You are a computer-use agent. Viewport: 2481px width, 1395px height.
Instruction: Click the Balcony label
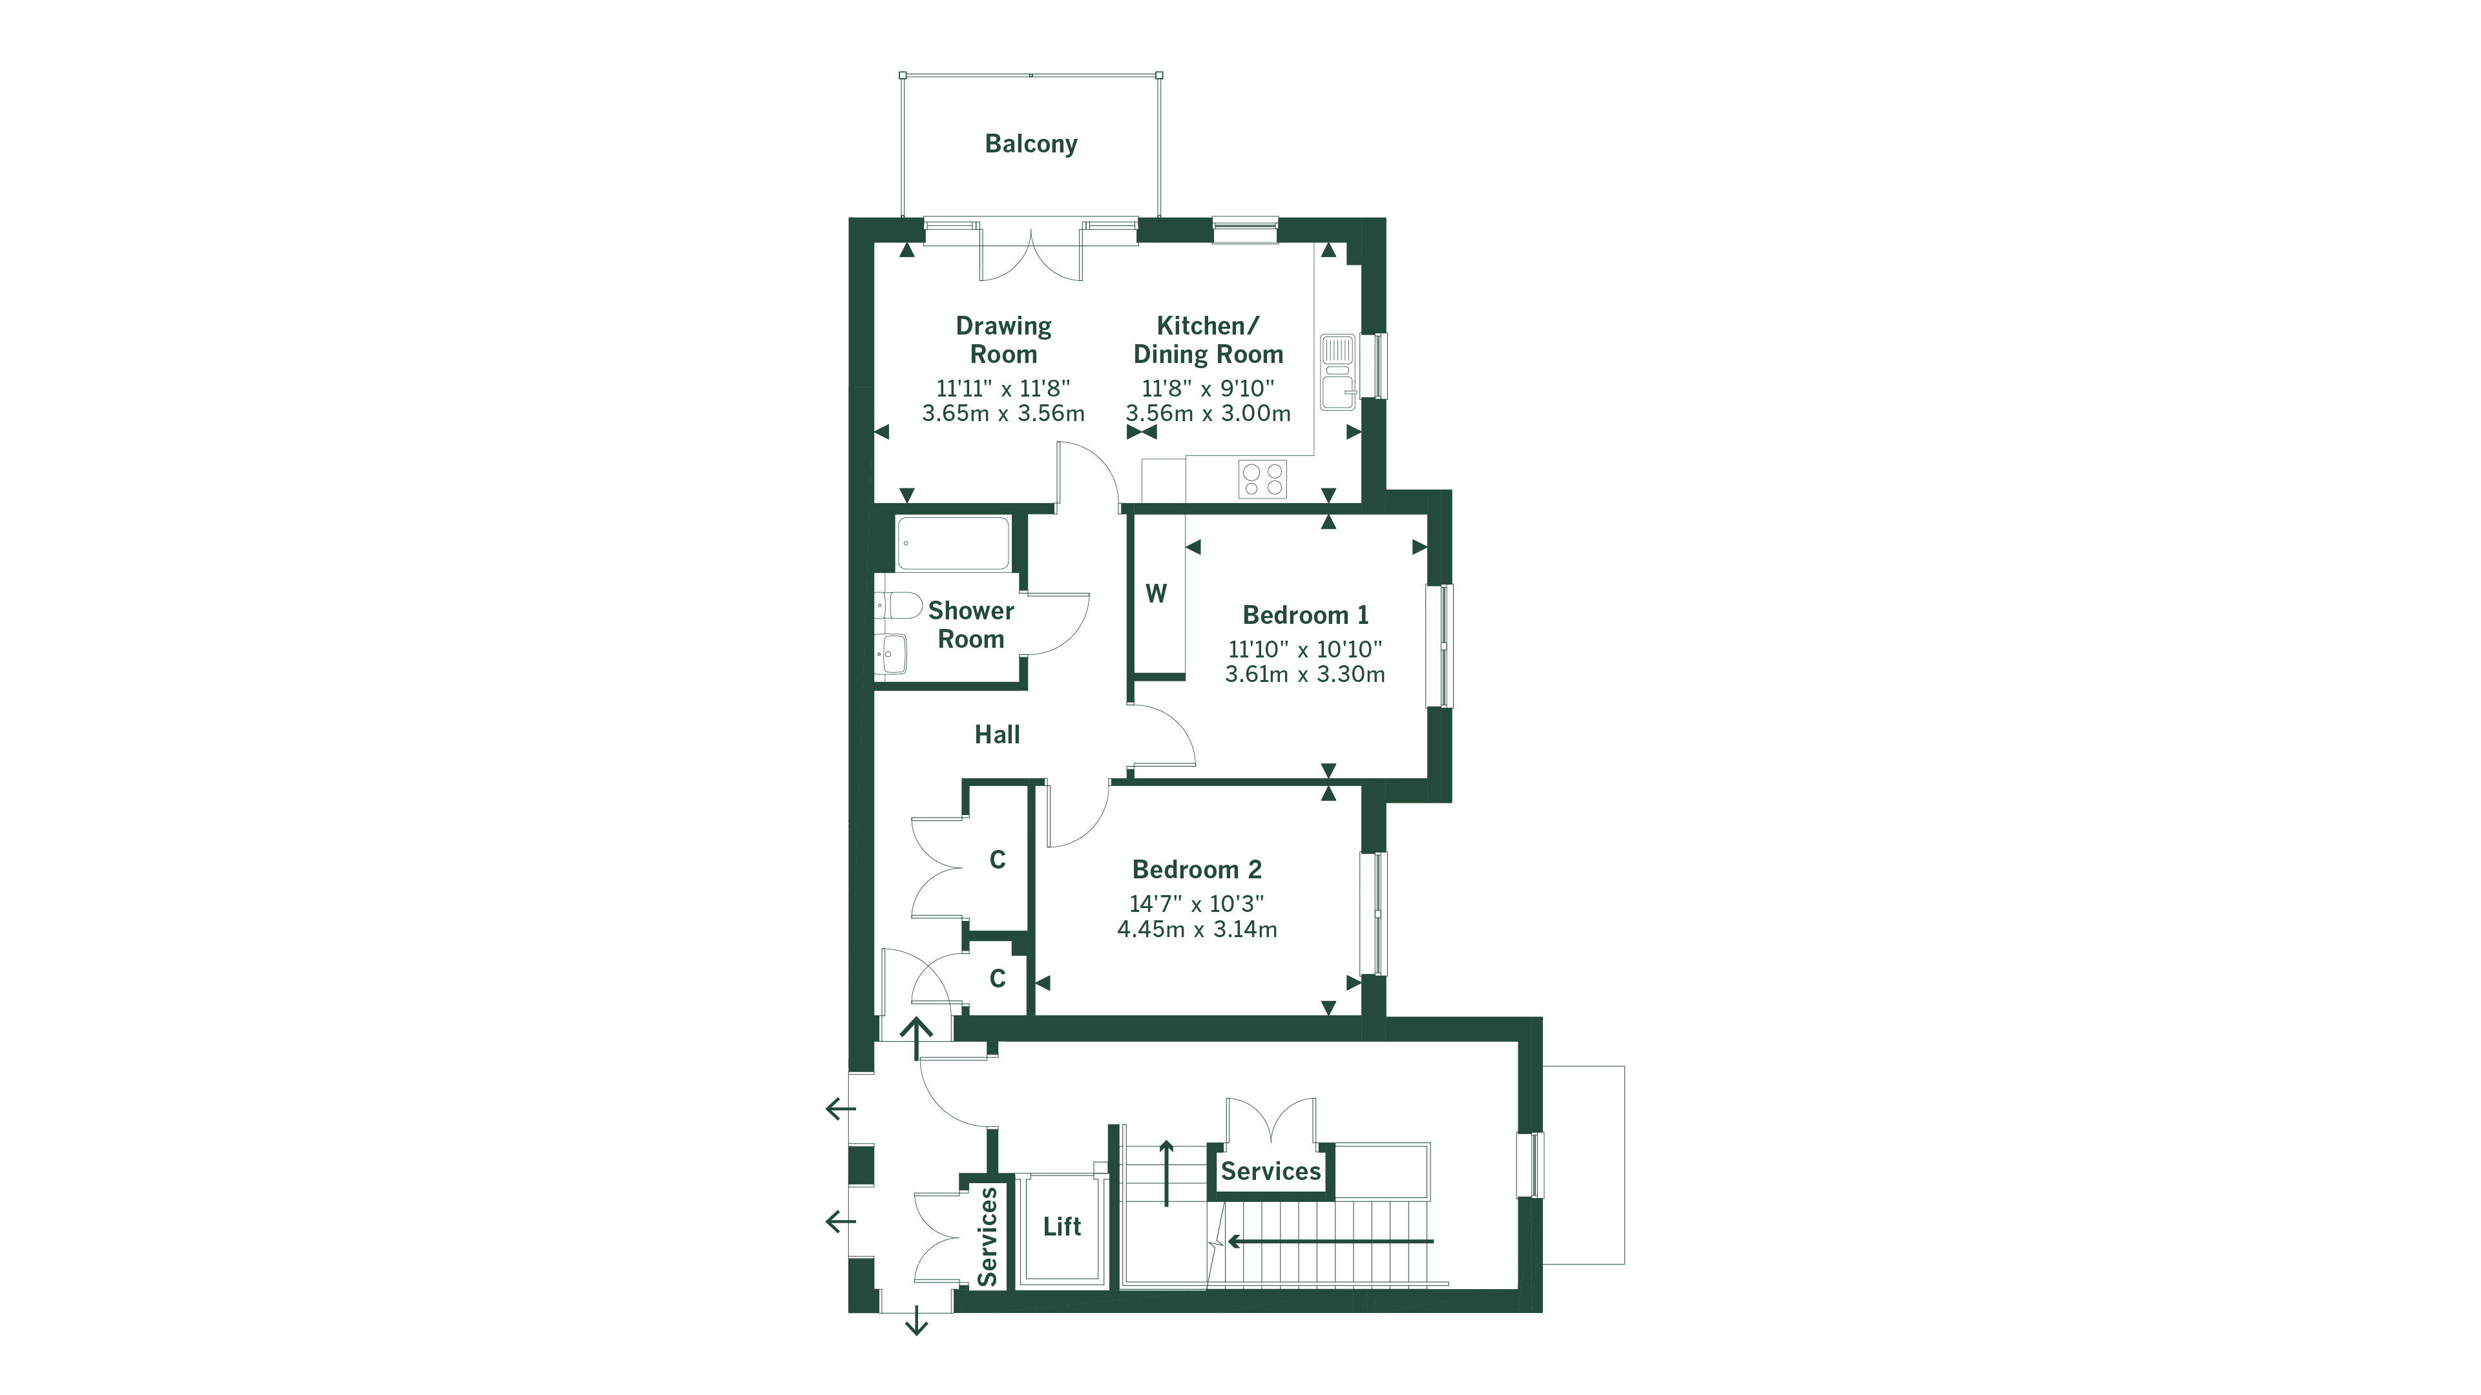pos(1031,143)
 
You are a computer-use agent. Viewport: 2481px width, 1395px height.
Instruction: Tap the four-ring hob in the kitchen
pos(1262,479)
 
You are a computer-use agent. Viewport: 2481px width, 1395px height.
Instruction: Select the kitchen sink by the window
pos(1337,371)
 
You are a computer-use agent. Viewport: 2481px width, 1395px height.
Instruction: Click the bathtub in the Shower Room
pos(952,544)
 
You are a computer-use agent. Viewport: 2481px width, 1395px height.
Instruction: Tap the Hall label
pos(997,734)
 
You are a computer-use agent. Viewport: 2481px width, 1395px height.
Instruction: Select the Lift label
pos(1062,1226)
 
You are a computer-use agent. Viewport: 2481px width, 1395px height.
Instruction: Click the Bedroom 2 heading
pos(1196,869)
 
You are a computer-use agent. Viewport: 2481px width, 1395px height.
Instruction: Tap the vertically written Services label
pos(987,1237)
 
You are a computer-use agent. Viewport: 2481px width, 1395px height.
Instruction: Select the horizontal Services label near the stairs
pos(1270,1172)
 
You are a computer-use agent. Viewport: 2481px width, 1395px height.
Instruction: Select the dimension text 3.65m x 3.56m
pos(1003,414)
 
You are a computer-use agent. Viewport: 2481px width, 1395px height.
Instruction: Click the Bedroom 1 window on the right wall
pos(1445,645)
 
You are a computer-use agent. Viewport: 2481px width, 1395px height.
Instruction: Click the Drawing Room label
pos(1003,340)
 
